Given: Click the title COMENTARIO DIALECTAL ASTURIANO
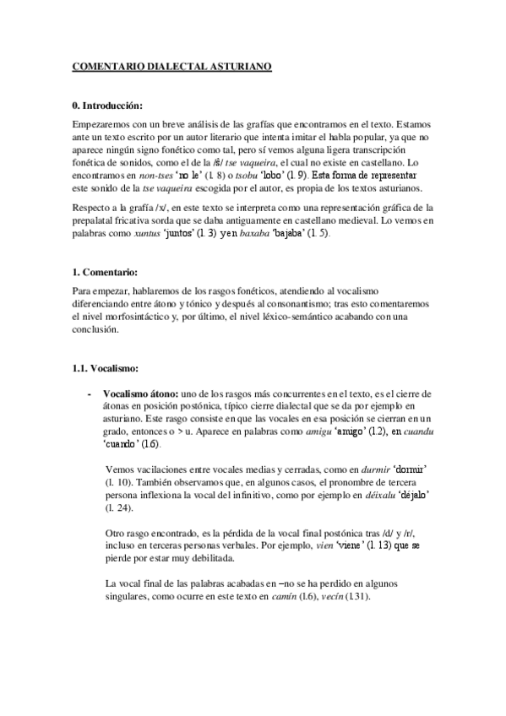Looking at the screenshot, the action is click(x=172, y=67).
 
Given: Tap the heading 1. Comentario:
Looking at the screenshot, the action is click(x=106, y=273).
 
